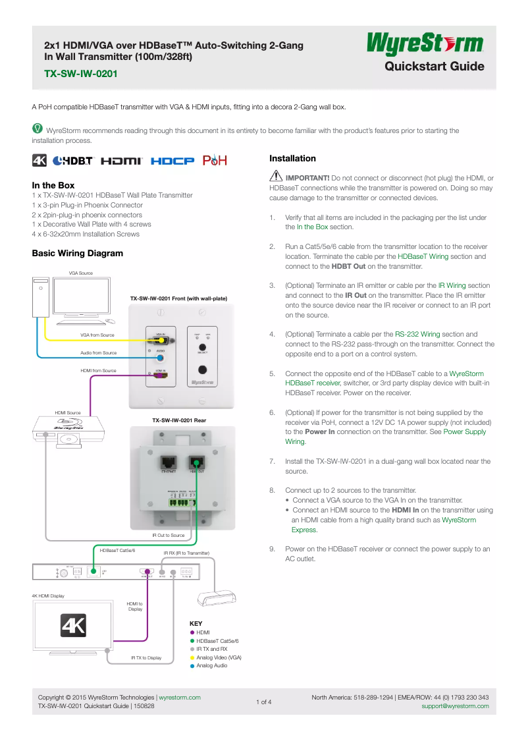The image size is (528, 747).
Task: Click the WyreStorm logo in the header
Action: coord(425,45)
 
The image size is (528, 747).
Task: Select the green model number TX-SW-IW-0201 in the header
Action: coord(81,74)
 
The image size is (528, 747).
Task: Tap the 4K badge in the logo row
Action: coord(40,161)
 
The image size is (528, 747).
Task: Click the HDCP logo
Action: coord(172,161)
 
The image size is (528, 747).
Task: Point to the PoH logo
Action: coord(215,161)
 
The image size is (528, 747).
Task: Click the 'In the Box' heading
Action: coord(53,185)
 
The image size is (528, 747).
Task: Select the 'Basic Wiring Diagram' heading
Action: coord(78,253)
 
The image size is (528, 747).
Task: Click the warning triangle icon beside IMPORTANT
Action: coord(276,177)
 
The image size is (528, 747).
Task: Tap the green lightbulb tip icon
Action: coord(38,129)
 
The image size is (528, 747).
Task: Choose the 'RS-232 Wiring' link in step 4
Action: coord(417,334)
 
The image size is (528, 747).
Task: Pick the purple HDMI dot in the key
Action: coord(192,632)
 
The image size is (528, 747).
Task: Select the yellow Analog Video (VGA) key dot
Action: coord(192,657)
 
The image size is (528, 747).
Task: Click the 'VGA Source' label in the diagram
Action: coord(81,273)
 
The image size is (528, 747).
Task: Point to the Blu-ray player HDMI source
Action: coord(70,428)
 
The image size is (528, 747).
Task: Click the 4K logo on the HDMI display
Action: coord(74,625)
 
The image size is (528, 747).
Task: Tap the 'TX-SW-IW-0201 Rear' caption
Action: coord(179,420)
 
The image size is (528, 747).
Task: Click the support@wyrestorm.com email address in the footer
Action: coord(455,706)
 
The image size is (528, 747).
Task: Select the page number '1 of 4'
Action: coord(263,702)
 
